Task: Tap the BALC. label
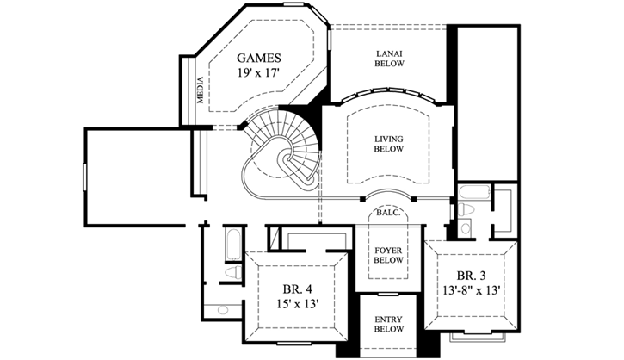[388, 211]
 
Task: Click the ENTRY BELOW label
[388, 324]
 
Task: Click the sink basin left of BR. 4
[223, 309]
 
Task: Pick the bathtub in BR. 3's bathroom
[473, 191]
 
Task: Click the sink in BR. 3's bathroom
[466, 228]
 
